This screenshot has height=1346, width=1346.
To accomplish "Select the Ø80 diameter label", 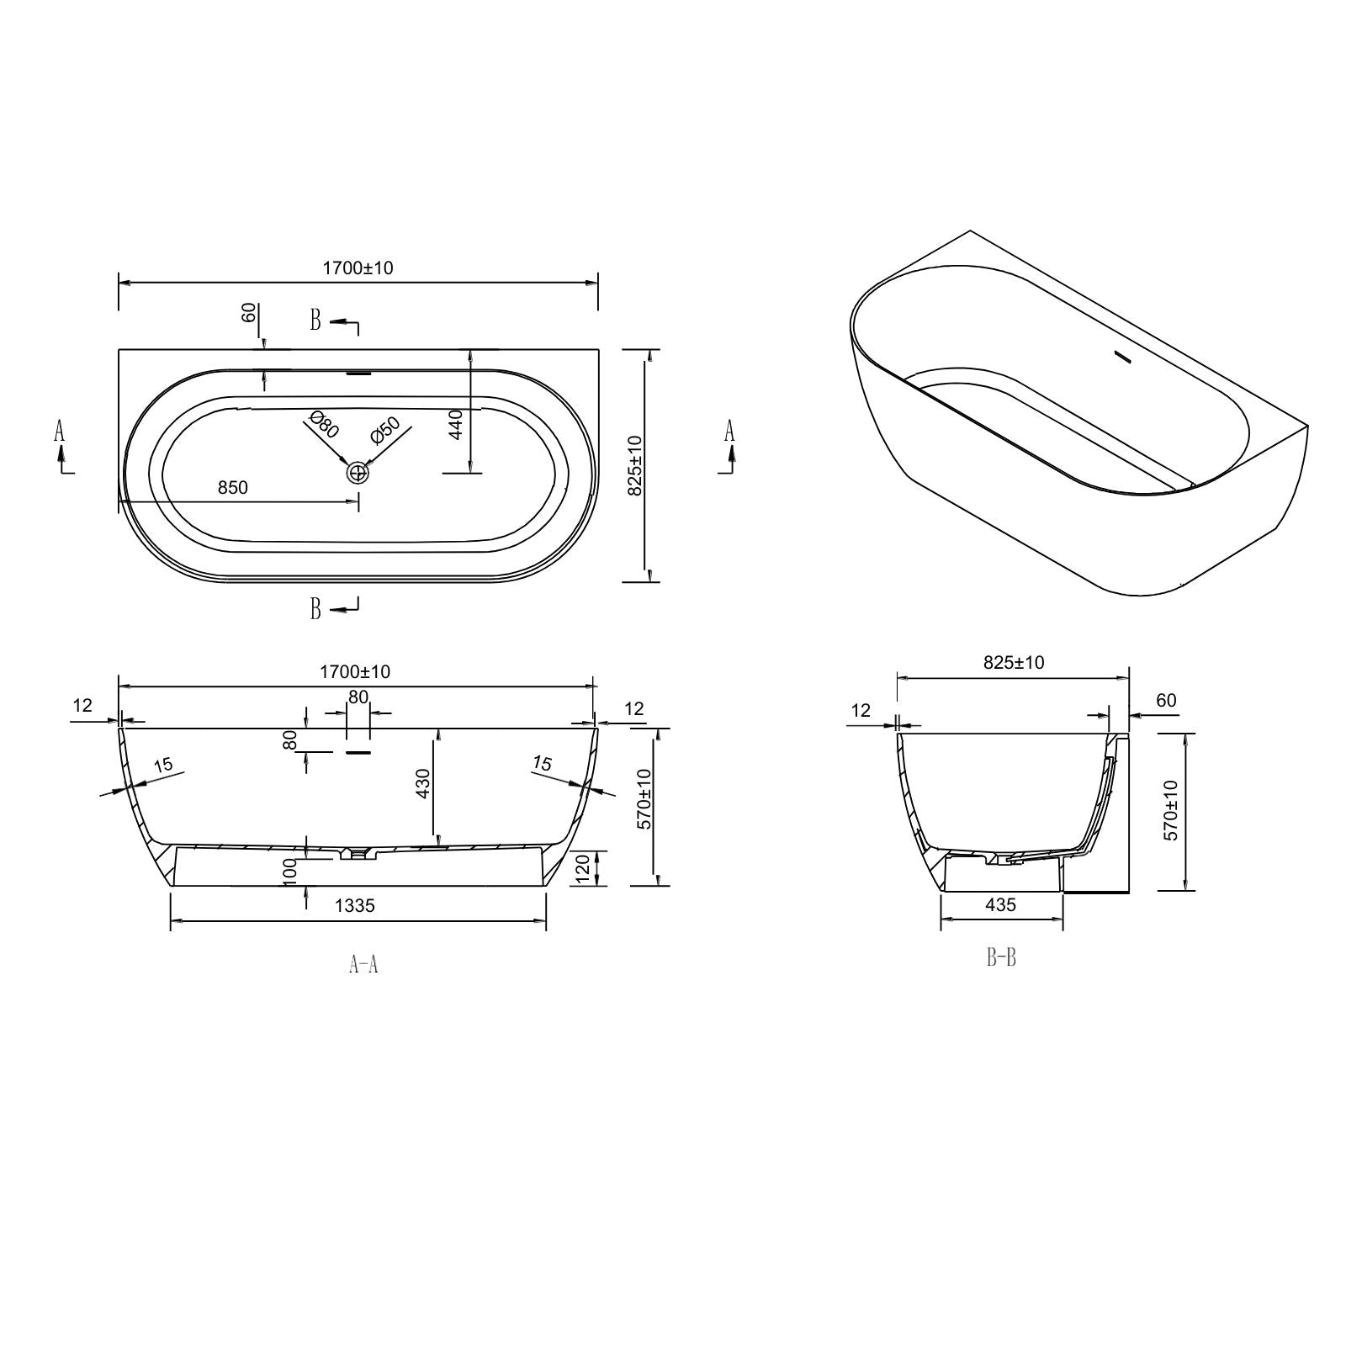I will tap(323, 424).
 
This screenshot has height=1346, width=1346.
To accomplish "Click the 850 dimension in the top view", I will tap(232, 488).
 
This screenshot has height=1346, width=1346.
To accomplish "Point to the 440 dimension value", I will tap(456, 425).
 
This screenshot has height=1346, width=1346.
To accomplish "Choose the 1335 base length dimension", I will tap(355, 905).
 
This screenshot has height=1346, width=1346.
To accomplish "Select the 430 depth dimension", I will tap(423, 783).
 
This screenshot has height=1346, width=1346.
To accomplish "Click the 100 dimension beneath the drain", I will tap(291, 869).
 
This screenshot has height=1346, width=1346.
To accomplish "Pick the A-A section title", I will tap(363, 964).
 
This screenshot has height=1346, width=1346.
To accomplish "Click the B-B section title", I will tap(1001, 957).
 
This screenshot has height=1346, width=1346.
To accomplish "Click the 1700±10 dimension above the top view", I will tap(358, 268).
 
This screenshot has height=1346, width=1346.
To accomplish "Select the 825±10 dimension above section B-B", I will tap(1014, 663).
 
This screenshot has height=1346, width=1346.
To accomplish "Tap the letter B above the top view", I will tap(315, 320).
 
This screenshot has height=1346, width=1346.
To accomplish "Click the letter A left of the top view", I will tap(59, 432).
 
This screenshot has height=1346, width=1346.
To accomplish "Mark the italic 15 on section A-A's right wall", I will tap(543, 763).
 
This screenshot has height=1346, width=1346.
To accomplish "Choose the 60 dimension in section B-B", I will tap(1166, 701).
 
